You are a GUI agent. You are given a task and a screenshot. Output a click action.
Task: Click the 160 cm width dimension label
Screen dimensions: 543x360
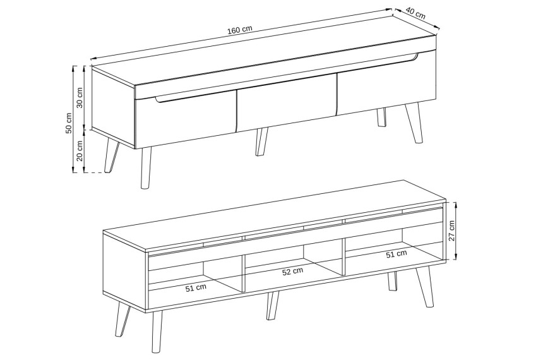[x=240, y=30]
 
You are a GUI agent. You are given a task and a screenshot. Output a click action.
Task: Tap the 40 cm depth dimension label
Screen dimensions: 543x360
[x=415, y=13]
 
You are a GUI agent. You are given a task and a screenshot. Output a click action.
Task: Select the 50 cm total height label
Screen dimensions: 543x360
[x=69, y=123]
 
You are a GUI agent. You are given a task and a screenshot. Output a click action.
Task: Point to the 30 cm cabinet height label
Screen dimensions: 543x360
[x=80, y=98]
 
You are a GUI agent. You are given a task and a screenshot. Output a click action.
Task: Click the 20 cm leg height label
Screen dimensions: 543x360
[x=80, y=151]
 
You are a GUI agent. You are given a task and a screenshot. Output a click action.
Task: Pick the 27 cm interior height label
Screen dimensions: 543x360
[x=451, y=231]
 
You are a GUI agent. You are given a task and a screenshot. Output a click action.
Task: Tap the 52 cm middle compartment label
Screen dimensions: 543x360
[x=292, y=272]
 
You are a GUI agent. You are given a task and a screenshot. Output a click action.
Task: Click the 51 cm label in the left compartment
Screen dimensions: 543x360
[x=196, y=287]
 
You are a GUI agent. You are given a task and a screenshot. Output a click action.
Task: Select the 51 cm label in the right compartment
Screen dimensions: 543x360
[x=397, y=254]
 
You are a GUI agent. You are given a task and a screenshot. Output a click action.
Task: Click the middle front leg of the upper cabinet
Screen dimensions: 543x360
[x=261, y=141]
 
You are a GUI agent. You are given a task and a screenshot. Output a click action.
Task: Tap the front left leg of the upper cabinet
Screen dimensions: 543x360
[x=146, y=168]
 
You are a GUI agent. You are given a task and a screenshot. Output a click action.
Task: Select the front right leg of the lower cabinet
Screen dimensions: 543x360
[x=425, y=287]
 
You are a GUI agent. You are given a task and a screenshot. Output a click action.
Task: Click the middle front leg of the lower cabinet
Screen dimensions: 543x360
[x=272, y=306]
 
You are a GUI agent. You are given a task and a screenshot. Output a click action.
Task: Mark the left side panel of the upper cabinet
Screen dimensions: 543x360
[x=113, y=107]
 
